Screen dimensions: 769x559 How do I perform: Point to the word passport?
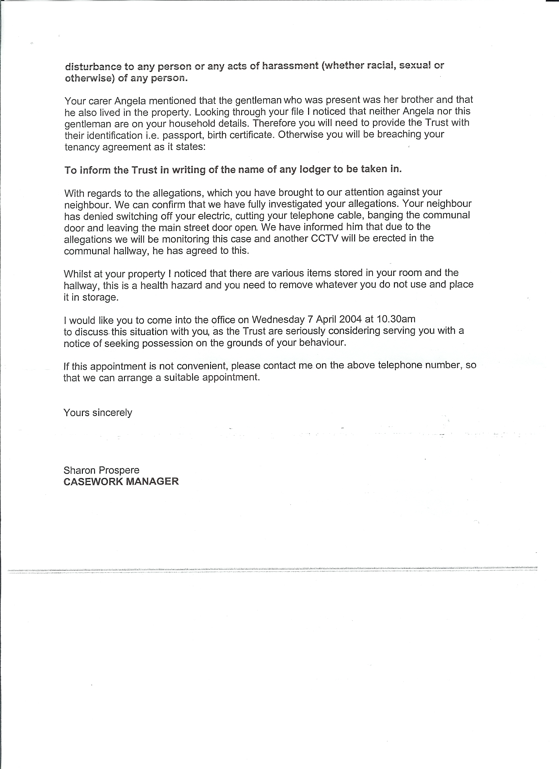point(182,136)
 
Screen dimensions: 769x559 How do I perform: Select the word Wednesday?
point(278,320)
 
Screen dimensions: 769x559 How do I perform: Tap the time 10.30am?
point(396,319)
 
